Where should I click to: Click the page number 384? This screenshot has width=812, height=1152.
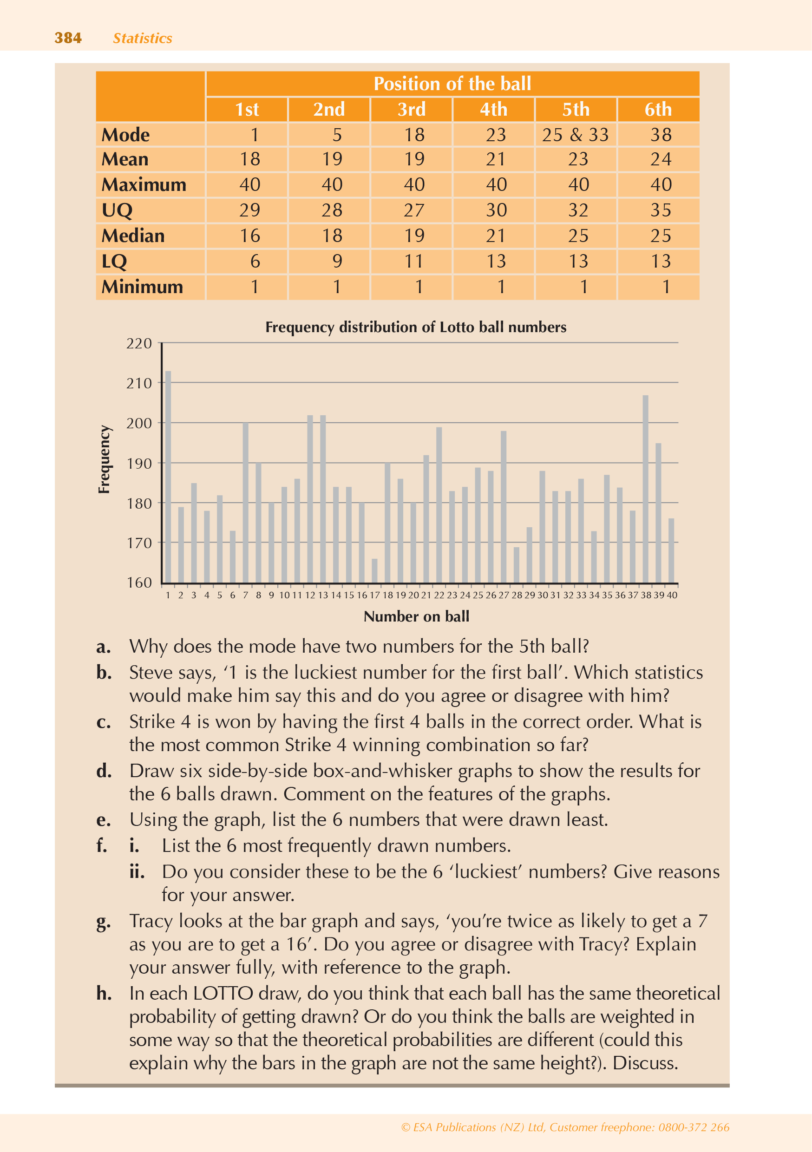(68, 38)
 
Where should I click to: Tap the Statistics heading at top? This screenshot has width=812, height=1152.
(142, 38)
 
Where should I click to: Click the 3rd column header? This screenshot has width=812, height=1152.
(412, 109)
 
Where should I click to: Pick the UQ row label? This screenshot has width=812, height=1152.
(117, 210)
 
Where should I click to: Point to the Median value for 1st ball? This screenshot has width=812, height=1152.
(249, 236)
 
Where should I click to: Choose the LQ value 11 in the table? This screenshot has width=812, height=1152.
(414, 262)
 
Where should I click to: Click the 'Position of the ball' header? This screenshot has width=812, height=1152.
(452, 83)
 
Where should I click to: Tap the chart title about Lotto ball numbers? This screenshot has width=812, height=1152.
(416, 327)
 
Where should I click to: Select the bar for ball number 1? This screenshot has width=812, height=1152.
(168, 477)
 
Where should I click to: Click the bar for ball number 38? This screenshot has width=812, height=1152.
(645, 489)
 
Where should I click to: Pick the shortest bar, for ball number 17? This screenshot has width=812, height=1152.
(374, 571)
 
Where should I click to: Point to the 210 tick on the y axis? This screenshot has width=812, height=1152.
(139, 383)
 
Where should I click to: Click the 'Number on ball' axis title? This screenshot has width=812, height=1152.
(416, 616)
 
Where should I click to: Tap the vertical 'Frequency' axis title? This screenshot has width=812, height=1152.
(104, 459)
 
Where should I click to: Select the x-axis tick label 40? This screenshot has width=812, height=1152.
(672, 595)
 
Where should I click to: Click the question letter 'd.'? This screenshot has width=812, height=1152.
(104, 771)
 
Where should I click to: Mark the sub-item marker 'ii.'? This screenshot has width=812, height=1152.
(137, 871)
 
